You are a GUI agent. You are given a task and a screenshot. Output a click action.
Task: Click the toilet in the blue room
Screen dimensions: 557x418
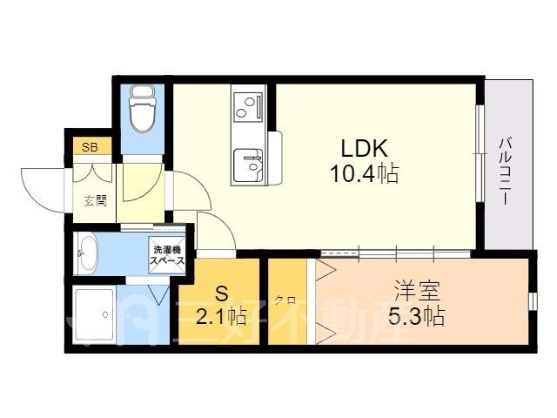coord(142,108)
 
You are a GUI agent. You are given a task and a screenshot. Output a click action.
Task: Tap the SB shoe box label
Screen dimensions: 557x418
coord(90,147)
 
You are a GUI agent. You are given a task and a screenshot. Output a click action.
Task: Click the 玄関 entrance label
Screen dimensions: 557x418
coord(95,201)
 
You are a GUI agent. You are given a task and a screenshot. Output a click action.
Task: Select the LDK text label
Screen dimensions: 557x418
coord(364,148)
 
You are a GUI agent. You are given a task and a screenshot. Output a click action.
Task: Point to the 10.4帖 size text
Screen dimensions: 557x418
coord(364,173)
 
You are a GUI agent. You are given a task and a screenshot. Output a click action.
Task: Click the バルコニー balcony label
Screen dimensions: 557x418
coord(506,172)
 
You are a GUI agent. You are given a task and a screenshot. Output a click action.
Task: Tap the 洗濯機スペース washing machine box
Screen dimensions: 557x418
coord(167,255)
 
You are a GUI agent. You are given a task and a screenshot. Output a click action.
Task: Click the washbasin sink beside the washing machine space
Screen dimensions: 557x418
coord(87,253)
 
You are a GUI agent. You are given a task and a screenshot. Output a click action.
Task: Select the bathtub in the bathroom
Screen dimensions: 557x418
coord(95,315)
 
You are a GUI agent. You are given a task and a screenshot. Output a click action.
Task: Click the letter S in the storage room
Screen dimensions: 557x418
coord(221,293)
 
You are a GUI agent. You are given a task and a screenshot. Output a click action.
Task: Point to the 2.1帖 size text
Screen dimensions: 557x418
coord(221,316)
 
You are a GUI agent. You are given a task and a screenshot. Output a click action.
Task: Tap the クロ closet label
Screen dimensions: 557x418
coord(285,300)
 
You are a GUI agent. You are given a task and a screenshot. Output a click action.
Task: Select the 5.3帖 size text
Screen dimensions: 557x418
coord(416,316)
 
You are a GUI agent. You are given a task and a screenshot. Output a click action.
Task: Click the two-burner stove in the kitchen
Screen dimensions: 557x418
coord(248,106)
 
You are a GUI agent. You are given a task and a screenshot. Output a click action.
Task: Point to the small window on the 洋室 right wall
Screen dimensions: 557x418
coord(533,301)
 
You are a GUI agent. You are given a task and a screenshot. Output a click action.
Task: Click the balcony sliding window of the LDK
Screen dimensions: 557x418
coord(480,153)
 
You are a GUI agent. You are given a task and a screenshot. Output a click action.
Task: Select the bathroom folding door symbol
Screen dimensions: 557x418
coord(158,294)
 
